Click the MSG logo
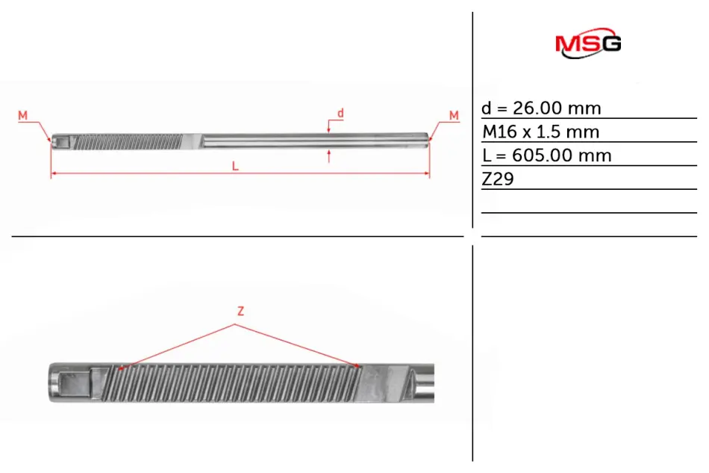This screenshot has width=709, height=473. (588, 43)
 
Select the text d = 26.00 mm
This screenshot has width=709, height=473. (541, 108)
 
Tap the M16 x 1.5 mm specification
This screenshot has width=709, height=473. (541, 132)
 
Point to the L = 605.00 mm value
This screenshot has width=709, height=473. (546, 155)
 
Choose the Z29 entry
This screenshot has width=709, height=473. (498, 179)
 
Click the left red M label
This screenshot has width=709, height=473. (22, 115)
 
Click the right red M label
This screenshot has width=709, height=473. (454, 115)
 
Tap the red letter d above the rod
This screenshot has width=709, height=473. (340, 113)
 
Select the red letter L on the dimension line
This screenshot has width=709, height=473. (235, 166)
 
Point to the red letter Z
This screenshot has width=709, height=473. (240, 311)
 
